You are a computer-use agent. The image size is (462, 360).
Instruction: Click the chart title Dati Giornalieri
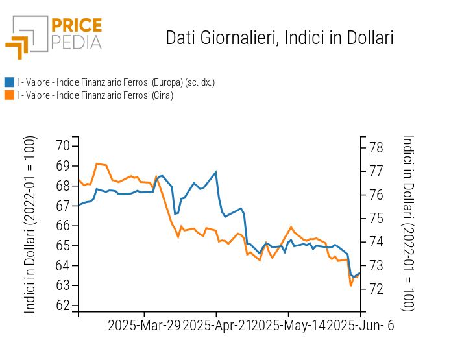(x=280, y=38)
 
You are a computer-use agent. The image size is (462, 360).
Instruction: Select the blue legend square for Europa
(x=9, y=82)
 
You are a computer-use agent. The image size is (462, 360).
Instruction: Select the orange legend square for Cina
(x=9, y=95)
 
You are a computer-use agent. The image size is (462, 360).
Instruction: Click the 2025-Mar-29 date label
(x=144, y=326)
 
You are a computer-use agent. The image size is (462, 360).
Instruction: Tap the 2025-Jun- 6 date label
(x=361, y=326)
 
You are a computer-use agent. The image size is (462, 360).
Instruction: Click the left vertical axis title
(x=30, y=224)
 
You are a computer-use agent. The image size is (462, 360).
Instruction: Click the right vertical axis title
(x=408, y=223)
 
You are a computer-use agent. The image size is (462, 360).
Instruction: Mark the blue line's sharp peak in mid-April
(x=216, y=172)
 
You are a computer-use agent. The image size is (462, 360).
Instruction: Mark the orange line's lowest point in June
(x=351, y=285)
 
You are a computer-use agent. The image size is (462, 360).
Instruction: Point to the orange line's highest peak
(x=97, y=163)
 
